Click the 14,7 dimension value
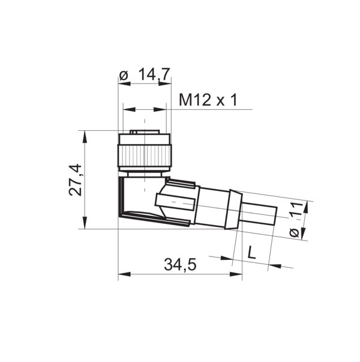[154, 74]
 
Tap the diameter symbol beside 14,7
[124, 75]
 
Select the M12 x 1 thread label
[208, 100]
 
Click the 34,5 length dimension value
[181, 264]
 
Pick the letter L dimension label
[252, 253]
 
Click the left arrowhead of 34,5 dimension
[123, 274]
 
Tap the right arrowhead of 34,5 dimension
[237, 274]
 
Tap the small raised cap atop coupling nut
[144, 133]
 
